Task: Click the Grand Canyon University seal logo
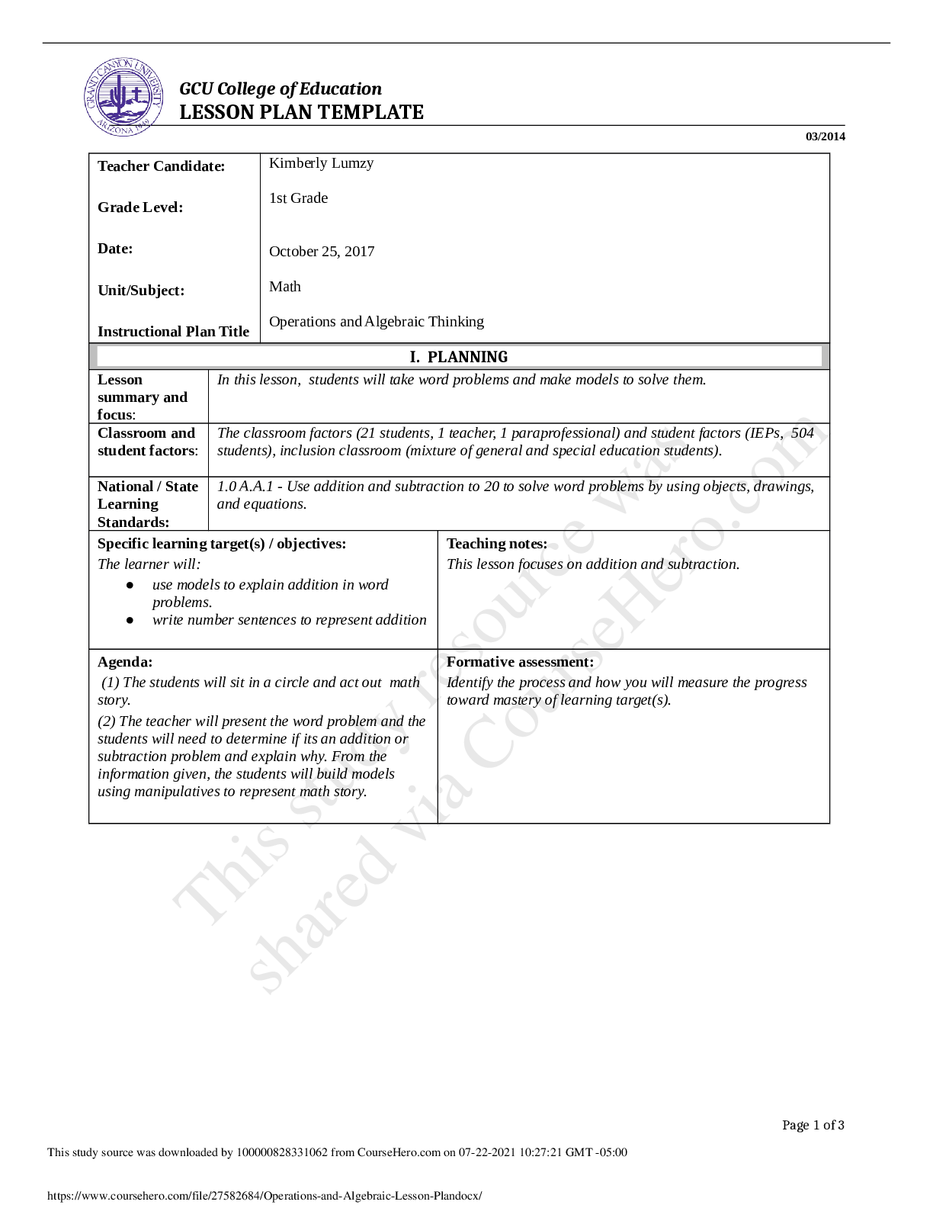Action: tap(123, 98)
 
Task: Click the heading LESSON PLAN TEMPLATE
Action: tap(301, 112)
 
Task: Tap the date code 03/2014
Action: tap(825, 137)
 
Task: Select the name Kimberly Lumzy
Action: tap(321, 163)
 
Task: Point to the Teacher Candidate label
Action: tap(161, 166)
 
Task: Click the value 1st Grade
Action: tap(298, 198)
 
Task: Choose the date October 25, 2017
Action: tap(322, 252)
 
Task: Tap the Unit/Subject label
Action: tap(141, 291)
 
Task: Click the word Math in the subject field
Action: tap(285, 287)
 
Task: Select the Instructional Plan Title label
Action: tap(173, 332)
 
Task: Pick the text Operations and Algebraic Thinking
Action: tap(377, 322)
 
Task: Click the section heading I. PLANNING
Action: tap(459, 357)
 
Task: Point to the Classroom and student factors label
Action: tap(147, 442)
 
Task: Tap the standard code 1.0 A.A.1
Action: tap(245, 487)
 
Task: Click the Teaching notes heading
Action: tap(497, 544)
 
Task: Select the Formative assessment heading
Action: tap(520, 662)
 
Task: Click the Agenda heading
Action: tap(125, 662)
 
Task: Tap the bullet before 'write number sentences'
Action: tap(130, 621)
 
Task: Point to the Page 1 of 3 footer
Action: tap(813, 1125)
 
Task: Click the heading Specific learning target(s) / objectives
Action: tap(222, 544)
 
